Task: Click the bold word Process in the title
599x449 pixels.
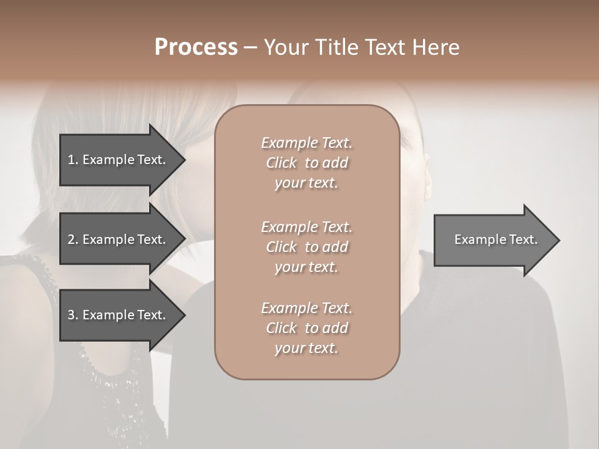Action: (196, 47)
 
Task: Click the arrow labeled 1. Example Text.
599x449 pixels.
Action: (119, 160)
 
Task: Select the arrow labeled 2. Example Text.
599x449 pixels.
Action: (119, 239)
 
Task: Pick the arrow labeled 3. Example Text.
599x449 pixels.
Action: (119, 315)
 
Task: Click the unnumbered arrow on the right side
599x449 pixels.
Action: (493, 239)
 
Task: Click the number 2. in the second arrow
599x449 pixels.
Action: (72, 239)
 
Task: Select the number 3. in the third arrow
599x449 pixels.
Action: (72, 315)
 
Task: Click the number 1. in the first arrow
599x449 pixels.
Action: (72, 160)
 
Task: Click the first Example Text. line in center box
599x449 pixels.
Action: (306, 143)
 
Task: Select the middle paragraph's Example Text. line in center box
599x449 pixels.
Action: (306, 227)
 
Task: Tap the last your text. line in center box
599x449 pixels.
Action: (306, 349)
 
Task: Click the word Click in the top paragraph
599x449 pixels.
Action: (281, 163)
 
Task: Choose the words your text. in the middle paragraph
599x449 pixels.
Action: (306, 267)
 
